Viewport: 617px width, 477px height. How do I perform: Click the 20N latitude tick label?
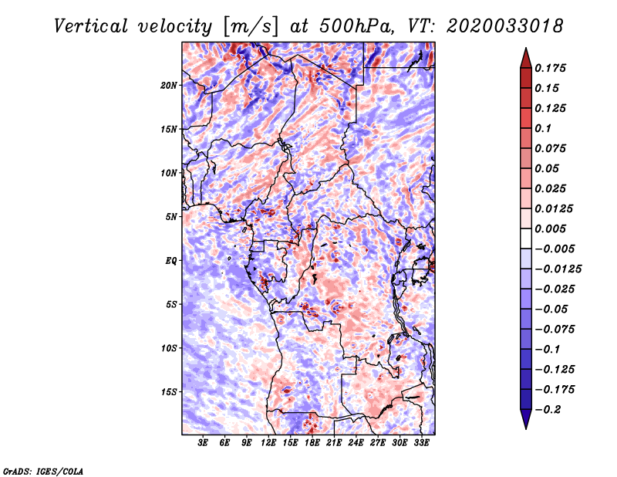169,86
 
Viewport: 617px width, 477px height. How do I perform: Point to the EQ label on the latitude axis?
170,261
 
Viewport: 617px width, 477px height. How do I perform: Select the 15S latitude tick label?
169,392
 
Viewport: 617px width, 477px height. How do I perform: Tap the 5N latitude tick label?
171,217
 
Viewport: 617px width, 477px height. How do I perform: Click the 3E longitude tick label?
203,443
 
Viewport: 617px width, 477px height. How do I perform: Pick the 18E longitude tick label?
312,443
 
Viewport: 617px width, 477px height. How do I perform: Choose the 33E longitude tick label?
421,443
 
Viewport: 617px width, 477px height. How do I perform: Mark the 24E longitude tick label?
356,443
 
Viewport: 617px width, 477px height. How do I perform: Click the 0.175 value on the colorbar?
551,68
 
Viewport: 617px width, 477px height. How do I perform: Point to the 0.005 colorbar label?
551,228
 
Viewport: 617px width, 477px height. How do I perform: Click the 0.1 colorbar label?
543,128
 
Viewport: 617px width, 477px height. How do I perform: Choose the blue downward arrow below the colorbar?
526,419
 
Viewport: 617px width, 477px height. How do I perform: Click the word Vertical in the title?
90,26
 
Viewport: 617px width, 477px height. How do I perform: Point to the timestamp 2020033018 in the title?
505,26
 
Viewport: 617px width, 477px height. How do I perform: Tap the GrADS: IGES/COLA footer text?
43,471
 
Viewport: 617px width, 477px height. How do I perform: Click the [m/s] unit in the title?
250,27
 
